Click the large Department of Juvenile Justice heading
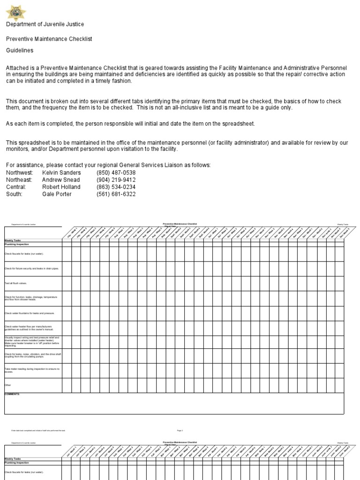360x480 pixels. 45,24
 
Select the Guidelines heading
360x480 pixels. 20,50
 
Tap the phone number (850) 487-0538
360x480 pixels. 116,173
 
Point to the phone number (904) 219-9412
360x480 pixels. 116,180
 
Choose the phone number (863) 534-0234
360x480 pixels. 116,187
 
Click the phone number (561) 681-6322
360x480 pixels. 116,194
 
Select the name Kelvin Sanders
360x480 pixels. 61,173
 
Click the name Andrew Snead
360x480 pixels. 61,180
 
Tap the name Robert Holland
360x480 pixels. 61,187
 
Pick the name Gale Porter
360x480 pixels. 57,194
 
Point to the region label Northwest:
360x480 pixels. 19,173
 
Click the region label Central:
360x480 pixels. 16,187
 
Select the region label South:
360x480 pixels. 14,194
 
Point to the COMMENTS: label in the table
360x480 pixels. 12,395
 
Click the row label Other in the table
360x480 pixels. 7,385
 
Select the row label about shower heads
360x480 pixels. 31,298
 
